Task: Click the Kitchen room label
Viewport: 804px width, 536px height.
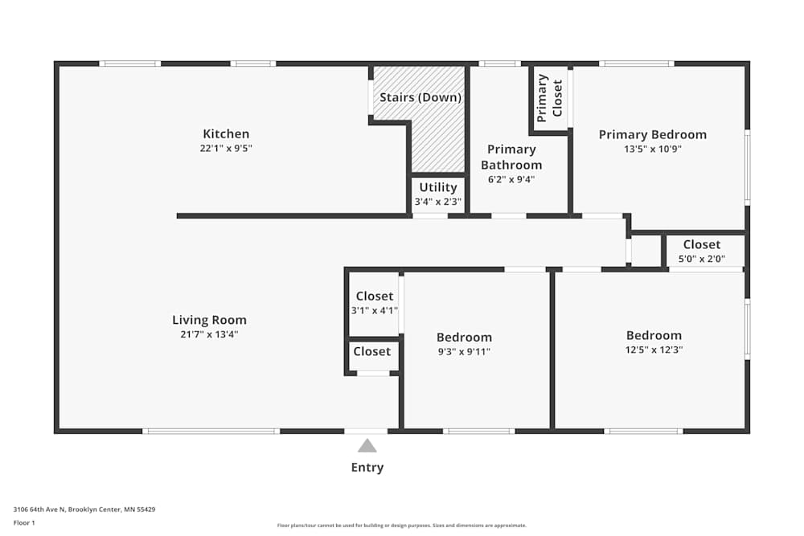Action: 226,134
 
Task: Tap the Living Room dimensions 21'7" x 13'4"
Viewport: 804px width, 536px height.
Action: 209,334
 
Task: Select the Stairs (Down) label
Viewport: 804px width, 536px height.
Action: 420,97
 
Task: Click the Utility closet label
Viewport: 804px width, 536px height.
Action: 437,187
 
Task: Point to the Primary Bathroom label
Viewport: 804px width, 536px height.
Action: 511,157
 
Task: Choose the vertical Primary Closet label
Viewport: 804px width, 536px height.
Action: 550,98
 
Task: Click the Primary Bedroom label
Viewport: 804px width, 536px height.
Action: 652,134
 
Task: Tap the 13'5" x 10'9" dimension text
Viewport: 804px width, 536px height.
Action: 652,149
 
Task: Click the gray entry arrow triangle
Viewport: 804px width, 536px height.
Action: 367,445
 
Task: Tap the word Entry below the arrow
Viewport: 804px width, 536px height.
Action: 367,468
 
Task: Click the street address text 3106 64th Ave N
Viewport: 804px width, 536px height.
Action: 84,509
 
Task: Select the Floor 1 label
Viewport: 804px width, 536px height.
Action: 24,522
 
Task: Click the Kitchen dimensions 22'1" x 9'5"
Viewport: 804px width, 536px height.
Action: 226,149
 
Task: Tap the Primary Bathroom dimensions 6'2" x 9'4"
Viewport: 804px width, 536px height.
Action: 511,179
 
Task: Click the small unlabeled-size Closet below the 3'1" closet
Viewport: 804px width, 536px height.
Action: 372,352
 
